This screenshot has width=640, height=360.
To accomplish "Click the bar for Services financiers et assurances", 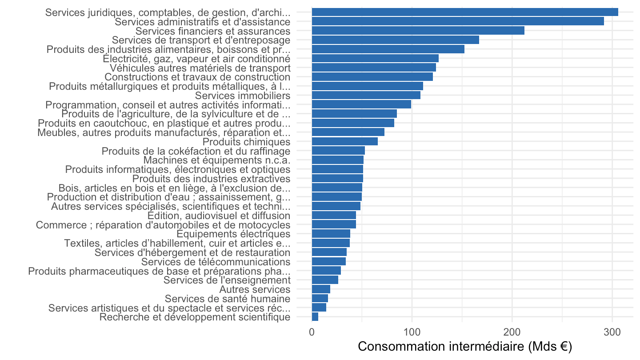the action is tap(418, 31).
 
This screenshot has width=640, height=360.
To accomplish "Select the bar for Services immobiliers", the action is tap(366, 95).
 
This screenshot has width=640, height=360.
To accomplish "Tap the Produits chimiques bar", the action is tap(344, 141).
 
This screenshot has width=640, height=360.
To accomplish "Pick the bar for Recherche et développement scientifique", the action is tap(315, 317).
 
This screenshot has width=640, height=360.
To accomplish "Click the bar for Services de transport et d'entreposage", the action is tap(396, 40).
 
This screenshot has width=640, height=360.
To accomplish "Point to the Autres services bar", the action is tap(321, 289).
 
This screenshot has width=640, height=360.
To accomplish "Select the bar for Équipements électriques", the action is tap(331, 234).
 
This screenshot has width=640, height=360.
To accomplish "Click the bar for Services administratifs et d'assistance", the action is tap(458, 21).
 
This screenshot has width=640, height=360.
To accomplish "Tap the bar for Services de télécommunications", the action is tap(328, 261).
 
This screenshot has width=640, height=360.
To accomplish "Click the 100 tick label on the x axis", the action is tap(412, 332).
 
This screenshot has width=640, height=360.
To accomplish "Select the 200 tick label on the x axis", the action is tap(512, 332).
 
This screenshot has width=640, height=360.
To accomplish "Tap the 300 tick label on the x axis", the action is tap(612, 332).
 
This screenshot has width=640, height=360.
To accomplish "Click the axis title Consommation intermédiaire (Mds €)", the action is tap(465, 347).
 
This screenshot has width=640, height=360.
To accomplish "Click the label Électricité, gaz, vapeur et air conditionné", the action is tap(196, 59).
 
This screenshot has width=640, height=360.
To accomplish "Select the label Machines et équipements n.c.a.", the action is tap(217, 160).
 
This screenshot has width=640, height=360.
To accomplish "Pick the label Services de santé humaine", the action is tap(228, 299).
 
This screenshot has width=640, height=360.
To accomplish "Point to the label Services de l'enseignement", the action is tap(227, 280).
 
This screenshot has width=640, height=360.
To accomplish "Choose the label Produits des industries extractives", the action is tap(211, 179).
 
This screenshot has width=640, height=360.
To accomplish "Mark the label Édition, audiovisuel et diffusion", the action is tap(219, 216).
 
